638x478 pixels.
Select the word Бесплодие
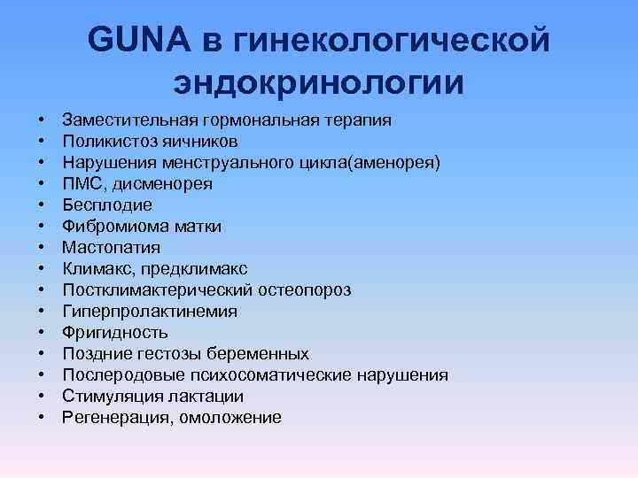click(x=102, y=205)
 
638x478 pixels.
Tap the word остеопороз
click(x=306, y=290)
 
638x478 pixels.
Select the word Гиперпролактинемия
click(x=150, y=312)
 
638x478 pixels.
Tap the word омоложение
click(x=230, y=418)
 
